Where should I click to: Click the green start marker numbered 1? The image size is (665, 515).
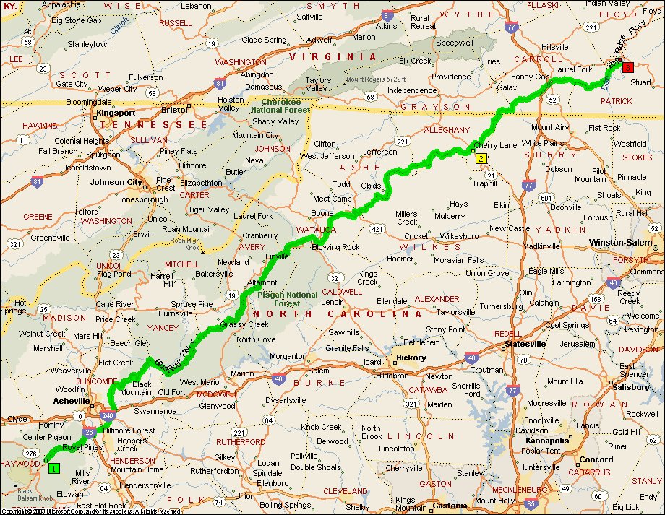tap(53, 468)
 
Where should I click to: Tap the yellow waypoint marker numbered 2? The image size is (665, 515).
tap(481, 157)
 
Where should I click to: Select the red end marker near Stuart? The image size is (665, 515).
tap(627, 67)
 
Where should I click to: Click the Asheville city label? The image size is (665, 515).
tap(71, 400)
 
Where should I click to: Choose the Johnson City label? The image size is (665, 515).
tap(116, 182)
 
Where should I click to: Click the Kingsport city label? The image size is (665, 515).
tap(116, 113)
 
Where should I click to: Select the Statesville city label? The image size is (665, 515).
tap(525, 344)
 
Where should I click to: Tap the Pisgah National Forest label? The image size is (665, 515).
tap(287, 299)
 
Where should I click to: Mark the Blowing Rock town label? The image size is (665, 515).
tap(335, 247)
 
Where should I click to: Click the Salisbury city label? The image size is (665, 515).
tap(630, 387)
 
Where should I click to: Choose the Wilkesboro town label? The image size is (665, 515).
tap(462, 236)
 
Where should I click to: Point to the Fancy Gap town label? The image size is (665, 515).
tap(531, 77)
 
